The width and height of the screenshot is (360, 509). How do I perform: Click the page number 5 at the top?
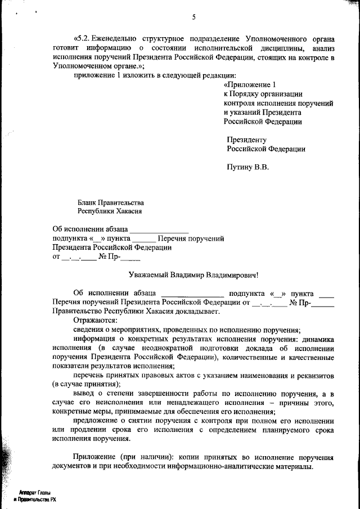(x=193, y=17)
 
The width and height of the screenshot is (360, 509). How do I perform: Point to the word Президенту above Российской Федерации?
(x=246, y=140)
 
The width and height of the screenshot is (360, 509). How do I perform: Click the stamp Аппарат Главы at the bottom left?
(x=36, y=492)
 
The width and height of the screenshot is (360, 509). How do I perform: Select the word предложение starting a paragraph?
(x=96, y=421)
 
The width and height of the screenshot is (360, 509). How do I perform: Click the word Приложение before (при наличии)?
(x=95, y=457)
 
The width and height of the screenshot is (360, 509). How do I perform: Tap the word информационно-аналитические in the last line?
(x=246, y=467)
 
